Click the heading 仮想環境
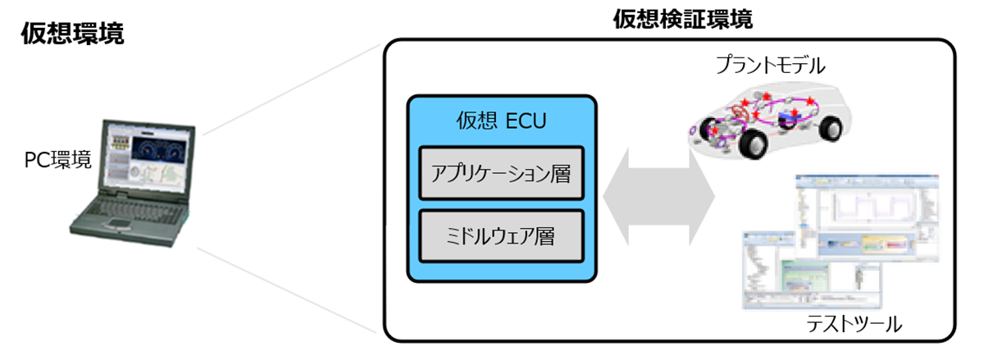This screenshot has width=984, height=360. (73, 34)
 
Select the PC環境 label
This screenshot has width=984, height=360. (57, 161)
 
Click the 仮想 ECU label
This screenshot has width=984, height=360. (501, 121)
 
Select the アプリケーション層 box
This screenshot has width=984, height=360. (501, 173)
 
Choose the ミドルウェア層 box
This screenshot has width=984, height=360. (501, 236)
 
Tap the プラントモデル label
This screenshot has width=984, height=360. (769, 63)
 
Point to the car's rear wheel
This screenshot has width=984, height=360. (829, 127)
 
